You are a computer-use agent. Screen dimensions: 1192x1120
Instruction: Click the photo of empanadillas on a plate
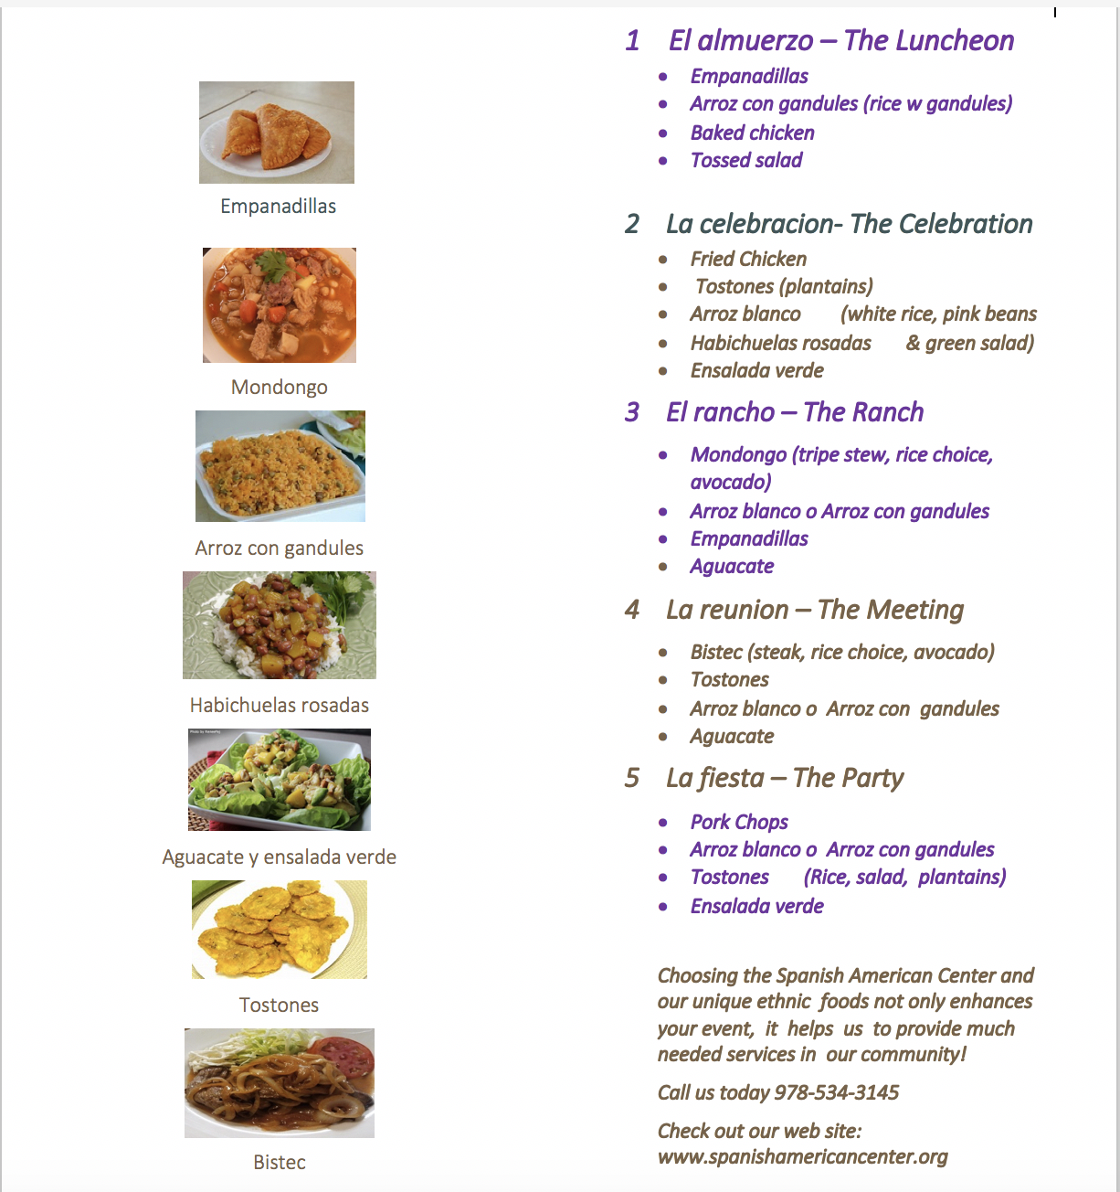coord(277,133)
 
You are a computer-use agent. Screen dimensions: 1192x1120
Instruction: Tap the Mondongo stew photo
coord(280,305)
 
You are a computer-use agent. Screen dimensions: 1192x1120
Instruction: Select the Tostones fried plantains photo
coord(280,930)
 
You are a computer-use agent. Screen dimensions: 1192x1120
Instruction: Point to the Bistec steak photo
coord(280,1083)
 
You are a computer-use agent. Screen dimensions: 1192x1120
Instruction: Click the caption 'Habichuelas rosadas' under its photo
coord(280,705)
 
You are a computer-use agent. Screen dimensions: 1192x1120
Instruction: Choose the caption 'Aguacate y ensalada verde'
coord(280,857)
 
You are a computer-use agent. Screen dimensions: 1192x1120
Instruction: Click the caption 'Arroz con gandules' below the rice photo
coord(280,548)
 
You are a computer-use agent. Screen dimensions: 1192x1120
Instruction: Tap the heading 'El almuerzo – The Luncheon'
coord(840,40)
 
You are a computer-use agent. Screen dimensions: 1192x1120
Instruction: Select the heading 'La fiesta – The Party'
coord(784,778)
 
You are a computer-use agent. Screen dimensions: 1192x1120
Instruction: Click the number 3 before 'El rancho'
coord(632,412)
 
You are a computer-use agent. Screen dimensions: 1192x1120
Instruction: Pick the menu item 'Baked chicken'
coord(752,133)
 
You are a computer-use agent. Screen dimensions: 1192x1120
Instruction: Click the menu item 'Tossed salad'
coord(745,160)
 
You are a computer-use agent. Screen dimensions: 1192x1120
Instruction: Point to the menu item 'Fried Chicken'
coord(748,259)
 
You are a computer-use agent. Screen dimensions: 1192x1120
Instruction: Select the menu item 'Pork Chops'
coord(739,822)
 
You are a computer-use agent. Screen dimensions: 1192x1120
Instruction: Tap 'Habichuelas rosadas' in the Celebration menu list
coord(780,343)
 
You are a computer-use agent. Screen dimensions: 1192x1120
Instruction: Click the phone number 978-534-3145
coord(836,1092)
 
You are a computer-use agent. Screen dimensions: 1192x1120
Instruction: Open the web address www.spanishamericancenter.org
coord(802,1156)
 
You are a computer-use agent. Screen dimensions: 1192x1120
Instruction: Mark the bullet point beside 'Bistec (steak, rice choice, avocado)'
coord(663,653)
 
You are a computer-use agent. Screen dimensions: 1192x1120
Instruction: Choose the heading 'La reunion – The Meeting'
coord(814,610)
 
